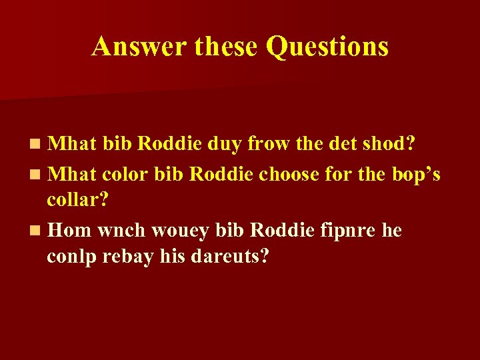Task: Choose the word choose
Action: [x=290, y=175]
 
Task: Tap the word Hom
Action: [x=70, y=230]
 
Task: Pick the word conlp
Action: [x=69, y=257]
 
